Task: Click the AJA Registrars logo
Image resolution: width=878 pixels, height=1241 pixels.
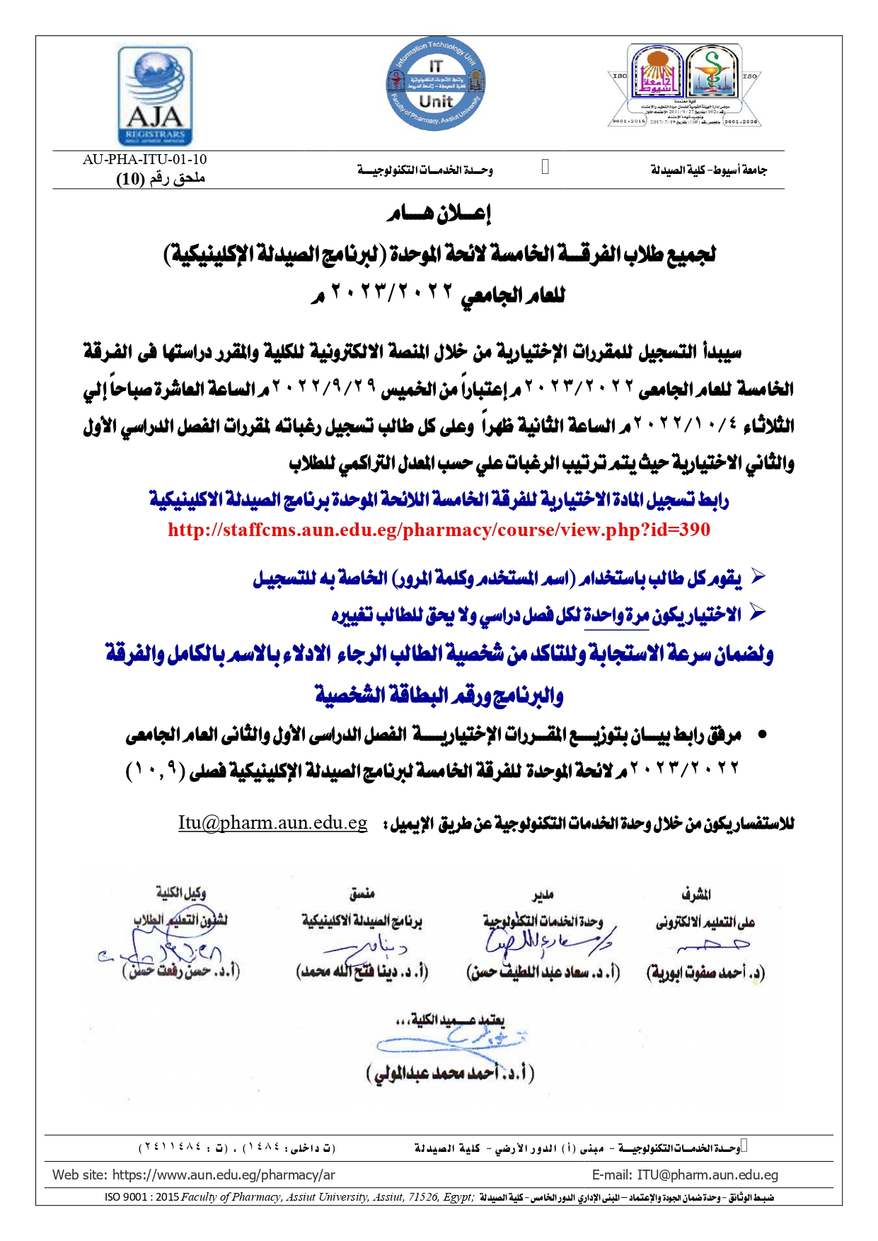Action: click(155, 96)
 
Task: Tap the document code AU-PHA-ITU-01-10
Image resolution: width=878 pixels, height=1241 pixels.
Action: click(144, 160)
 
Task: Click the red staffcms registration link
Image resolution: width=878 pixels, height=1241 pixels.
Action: click(439, 530)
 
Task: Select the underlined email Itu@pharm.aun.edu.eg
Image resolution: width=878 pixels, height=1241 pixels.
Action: click(272, 822)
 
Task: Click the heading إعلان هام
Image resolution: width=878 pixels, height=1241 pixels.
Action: click(439, 213)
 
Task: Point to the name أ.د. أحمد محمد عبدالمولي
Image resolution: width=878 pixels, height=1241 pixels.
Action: click(450, 1073)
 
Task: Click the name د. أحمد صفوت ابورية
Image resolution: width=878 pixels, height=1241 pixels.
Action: click(705, 972)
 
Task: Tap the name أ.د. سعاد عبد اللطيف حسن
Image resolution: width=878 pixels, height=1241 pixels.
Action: click(543, 972)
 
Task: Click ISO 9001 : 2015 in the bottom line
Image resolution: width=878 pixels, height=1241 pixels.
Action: click(141, 1197)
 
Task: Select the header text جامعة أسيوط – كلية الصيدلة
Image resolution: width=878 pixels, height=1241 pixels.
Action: click(708, 170)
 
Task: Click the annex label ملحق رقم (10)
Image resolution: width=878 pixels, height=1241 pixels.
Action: click(161, 178)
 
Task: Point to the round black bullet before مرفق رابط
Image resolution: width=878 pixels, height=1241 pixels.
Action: click(762, 735)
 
